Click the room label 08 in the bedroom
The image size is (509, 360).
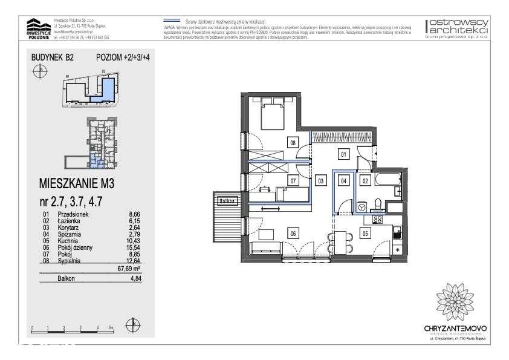click(293, 143)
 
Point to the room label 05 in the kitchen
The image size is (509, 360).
click(365, 232)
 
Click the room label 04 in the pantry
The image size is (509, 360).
click(343, 180)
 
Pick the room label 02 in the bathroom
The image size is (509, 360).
click(365, 180)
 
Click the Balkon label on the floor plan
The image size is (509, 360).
click(227, 201)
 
